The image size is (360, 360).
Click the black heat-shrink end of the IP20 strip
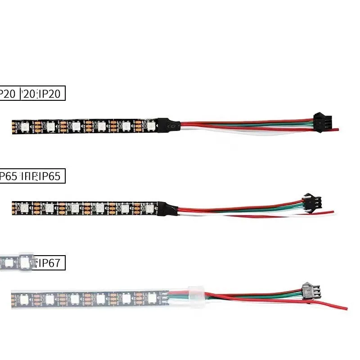[x=170, y=125]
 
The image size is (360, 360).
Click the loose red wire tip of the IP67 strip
[x=345, y=308]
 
